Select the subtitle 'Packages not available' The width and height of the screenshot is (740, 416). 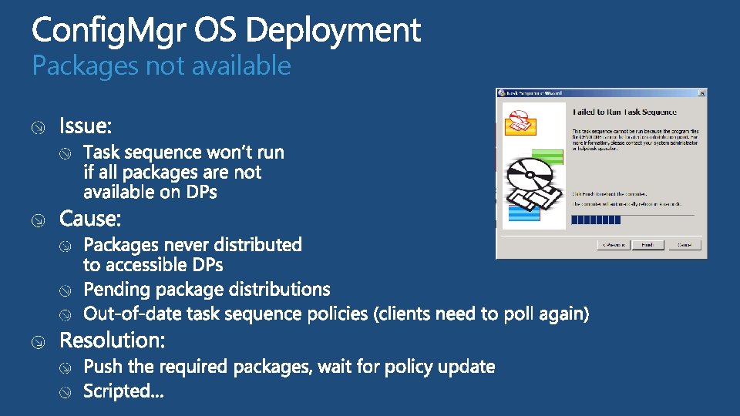pyautogui.click(x=161, y=66)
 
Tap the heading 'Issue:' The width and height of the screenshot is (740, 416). pyautogui.click(x=86, y=126)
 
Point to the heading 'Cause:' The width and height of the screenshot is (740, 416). pyautogui.click(x=90, y=220)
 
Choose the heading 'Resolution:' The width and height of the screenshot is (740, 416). pyautogui.click(x=112, y=340)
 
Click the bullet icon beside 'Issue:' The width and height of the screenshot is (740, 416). pyautogui.click(x=38, y=127)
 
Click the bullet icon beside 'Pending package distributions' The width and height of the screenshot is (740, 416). pyautogui.click(x=68, y=290)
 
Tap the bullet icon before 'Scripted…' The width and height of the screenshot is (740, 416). pyautogui.click(x=68, y=392)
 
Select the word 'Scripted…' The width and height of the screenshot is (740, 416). pyautogui.click(x=123, y=391)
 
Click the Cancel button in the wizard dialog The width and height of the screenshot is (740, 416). pyautogui.click(x=684, y=244)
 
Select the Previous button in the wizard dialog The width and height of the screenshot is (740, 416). pyautogui.click(x=613, y=244)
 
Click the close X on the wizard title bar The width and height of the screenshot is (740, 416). pyautogui.click(x=701, y=93)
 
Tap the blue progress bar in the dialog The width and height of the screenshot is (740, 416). pyautogui.click(x=596, y=220)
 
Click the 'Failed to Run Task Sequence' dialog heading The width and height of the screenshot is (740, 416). pyautogui.click(x=624, y=112)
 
